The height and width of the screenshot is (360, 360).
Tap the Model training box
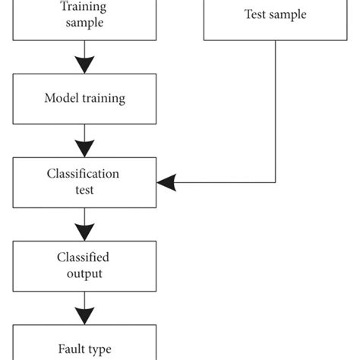85,99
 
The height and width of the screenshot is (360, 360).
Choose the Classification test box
85,182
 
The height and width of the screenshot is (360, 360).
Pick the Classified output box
85,266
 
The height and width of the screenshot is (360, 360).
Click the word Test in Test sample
256,14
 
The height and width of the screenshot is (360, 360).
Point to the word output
85,273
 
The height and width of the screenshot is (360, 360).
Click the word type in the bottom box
99,350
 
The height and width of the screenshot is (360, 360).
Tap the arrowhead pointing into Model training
85,66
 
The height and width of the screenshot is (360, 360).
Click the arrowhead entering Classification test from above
85,150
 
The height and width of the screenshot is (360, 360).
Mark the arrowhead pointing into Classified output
85,233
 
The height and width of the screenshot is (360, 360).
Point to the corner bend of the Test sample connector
276,182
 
